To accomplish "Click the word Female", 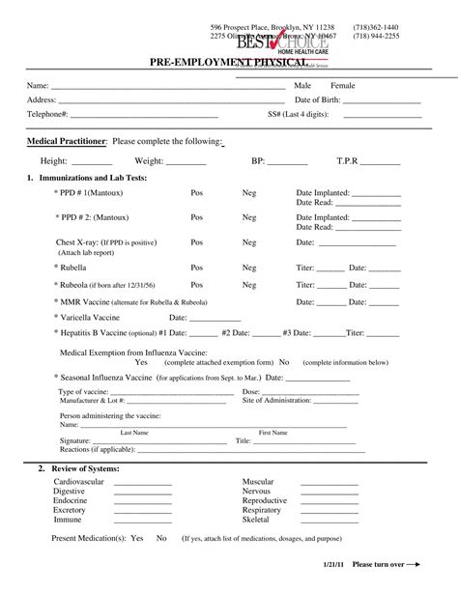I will [343, 86].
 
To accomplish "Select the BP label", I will [258, 161].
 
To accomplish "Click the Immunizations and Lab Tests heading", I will [91, 179].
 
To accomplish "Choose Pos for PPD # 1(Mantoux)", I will [197, 193].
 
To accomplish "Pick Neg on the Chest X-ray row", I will [249, 242].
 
